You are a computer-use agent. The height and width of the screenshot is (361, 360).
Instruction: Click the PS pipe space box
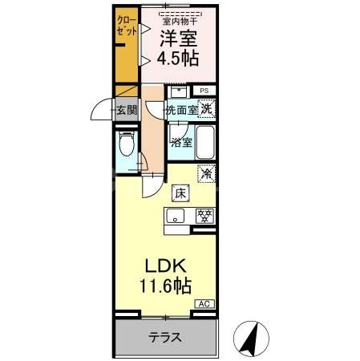coord(204,91)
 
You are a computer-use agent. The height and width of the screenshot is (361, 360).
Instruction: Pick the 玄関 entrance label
coord(127,109)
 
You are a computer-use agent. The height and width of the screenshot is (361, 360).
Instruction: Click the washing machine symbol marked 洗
coord(207,108)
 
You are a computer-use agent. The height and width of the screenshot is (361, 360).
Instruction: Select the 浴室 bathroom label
coord(180,143)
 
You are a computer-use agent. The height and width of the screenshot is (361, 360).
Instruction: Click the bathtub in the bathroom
coord(207,142)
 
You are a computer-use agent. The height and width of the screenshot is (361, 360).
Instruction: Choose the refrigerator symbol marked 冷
coord(207,172)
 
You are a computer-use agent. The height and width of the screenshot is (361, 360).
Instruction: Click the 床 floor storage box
coord(180,193)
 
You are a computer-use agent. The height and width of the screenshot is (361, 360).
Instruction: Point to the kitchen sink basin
coord(176,215)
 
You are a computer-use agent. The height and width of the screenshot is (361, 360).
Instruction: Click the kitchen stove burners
coord(205,215)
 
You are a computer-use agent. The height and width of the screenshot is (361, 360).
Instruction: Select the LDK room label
coord(167,266)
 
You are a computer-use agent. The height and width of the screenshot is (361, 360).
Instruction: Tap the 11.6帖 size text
coord(168,286)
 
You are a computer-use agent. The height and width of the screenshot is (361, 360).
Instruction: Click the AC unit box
coord(206,304)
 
